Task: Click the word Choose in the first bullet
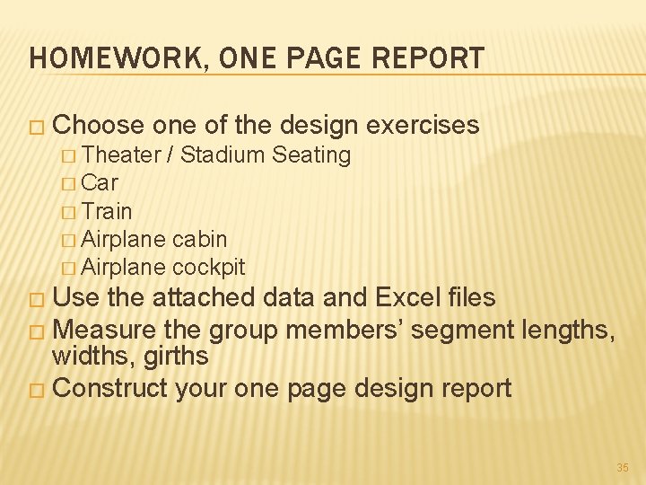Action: tap(104, 125)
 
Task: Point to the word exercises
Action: tap(423, 125)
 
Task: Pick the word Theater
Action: tap(120, 155)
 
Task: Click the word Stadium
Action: tap(222, 155)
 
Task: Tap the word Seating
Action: tap(310, 155)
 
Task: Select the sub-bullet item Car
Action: tap(100, 183)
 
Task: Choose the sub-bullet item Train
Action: tap(106, 212)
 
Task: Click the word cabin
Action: tap(199, 240)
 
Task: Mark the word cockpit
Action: tap(208, 268)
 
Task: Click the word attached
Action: tap(208, 297)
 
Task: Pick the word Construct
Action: tap(112, 388)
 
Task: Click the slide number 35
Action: tap(623, 468)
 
